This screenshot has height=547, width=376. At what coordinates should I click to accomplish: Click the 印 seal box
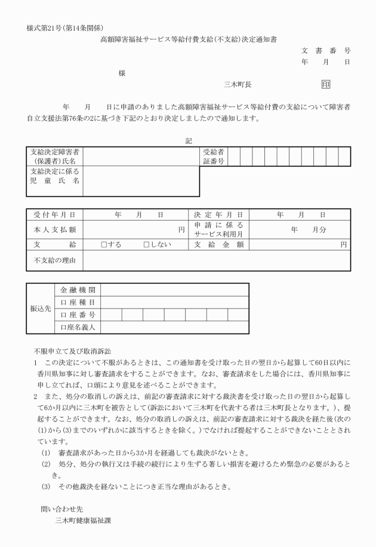(326, 85)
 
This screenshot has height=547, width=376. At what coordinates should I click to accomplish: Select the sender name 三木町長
(237, 85)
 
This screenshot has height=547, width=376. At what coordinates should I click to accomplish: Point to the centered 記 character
(189, 142)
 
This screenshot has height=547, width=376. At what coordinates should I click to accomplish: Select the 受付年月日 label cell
(55, 214)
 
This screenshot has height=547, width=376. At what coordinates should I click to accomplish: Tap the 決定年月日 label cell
(218, 214)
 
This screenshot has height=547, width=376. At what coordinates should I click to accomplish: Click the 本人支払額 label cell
(55, 230)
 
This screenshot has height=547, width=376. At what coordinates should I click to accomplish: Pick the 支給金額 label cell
(218, 245)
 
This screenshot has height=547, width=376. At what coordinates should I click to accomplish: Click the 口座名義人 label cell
(78, 327)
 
